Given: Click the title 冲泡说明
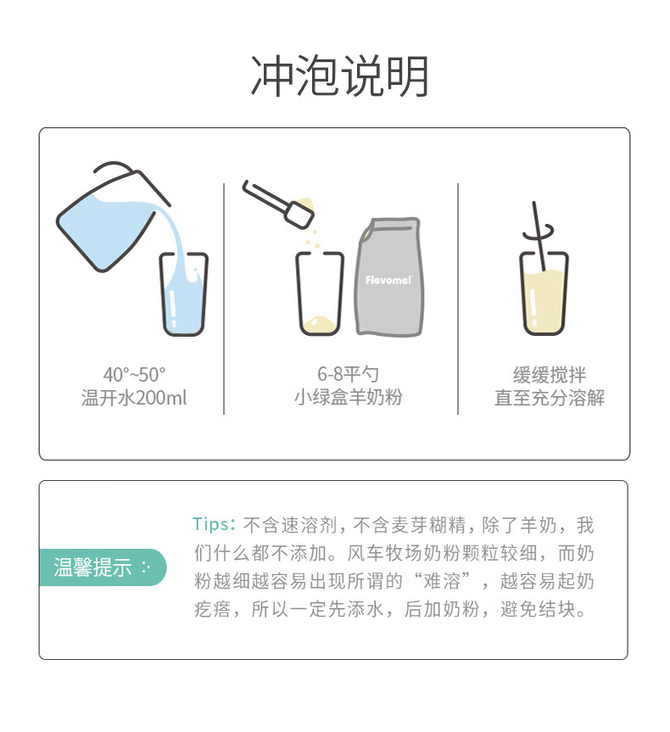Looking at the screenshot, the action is point(339,76).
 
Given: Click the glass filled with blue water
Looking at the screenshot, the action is point(183,294).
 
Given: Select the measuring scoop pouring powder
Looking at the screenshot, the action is point(278,204).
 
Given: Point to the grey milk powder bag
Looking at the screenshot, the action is point(389,277).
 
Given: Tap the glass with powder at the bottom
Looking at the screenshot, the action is point(320,294).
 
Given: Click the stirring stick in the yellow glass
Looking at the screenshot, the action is point(539,236).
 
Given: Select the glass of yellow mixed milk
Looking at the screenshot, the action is point(544,294).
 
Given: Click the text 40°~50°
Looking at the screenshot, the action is point(135,374).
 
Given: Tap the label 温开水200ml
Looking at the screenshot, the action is point(134,398).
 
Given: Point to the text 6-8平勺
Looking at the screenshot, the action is point(348,374).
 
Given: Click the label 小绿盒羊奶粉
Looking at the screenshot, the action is point(349,397).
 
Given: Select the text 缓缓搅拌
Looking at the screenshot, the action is point(549,374).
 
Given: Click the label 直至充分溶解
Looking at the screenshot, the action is point(550,398).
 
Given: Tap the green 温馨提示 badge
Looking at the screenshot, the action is point(103,567).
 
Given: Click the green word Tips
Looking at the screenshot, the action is point(210,524).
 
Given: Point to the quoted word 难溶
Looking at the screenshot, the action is point(441,581).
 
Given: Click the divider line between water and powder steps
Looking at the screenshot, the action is point(224,299).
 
